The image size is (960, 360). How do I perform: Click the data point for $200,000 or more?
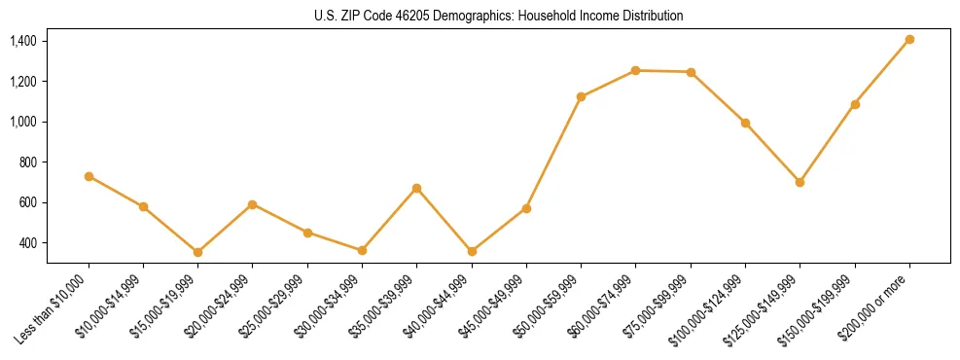(909, 40)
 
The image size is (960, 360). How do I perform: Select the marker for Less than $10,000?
(89, 176)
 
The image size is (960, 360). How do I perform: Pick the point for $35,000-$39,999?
(417, 188)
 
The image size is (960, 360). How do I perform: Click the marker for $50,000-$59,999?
(581, 96)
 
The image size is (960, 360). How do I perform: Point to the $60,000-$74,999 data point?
(635, 70)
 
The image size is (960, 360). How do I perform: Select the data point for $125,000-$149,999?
(800, 182)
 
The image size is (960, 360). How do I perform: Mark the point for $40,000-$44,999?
(472, 251)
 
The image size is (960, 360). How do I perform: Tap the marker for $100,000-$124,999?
(745, 123)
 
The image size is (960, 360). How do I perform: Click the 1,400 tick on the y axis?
(23, 41)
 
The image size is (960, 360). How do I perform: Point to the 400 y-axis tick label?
(28, 243)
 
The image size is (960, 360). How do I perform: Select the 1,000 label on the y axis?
(23, 122)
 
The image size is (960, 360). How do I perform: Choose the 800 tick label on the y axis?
(28, 162)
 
